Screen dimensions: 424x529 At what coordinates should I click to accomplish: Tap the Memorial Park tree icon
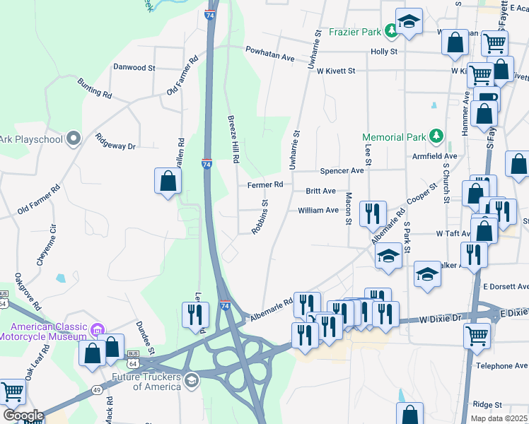tap(437, 136)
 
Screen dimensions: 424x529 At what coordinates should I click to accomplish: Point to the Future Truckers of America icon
tap(190, 381)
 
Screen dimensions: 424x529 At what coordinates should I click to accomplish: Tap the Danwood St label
tap(134, 68)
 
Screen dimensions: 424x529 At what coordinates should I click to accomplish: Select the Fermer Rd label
tap(265, 184)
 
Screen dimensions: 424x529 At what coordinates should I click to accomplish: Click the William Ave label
tap(318, 210)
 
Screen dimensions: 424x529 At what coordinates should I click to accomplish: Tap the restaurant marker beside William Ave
tap(372, 213)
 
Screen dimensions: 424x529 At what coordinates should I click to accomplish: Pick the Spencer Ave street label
tap(342, 171)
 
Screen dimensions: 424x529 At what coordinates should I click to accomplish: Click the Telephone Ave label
tap(502, 366)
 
